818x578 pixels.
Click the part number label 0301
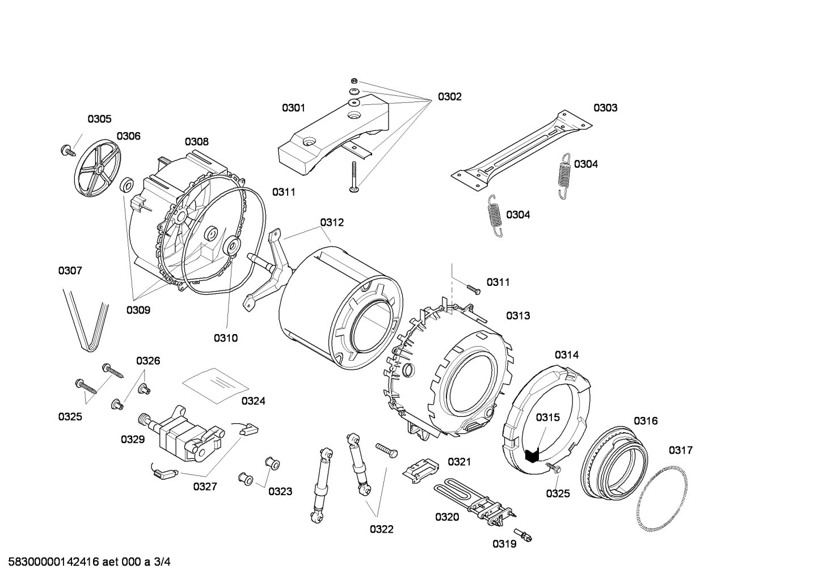(x=293, y=108)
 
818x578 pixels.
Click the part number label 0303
(x=605, y=108)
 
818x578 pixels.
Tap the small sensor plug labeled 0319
(x=521, y=534)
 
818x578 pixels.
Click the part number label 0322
(x=381, y=529)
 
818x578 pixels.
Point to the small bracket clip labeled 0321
(x=420, y=467)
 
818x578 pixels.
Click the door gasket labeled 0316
(x=615, y=460)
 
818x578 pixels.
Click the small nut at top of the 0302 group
(x=353, y=81)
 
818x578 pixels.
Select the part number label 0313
(x=518, y=315)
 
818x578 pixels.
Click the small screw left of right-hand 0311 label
(x=474, y=289)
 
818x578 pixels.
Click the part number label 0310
(x=225, y=338)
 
